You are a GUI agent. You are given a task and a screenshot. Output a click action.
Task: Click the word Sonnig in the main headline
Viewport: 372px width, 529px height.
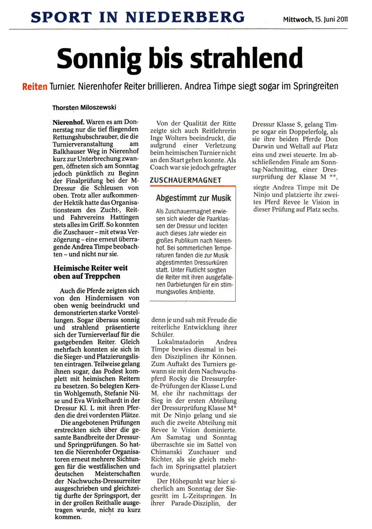click(x=99, y=59)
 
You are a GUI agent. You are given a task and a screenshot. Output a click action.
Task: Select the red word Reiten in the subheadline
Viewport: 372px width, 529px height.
click(x=35, y=87)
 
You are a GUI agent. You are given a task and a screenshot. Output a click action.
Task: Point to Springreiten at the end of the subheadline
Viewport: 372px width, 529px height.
click(x=316, y=86)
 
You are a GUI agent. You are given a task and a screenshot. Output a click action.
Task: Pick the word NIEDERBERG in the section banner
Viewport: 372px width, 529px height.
click(x=185, y=17)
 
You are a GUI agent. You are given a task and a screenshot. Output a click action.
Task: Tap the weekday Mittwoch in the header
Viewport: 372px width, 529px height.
click(x=298, y=19)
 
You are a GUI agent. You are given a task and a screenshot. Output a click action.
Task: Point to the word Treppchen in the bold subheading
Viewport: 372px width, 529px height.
click(x=102, y=276)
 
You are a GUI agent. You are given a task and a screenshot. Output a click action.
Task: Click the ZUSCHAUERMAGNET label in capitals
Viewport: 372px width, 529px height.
click(x=186, y=180)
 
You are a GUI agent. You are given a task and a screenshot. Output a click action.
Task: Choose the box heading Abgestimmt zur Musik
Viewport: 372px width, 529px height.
click(x=193, y=198)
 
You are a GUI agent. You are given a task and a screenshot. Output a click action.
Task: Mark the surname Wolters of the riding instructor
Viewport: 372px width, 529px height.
click(x=176, y=138)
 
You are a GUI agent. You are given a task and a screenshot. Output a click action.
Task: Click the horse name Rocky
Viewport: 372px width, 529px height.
click(x=178, y=379)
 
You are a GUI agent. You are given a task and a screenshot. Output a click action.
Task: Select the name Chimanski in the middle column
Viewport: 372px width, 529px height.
click(x=166, y=452)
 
